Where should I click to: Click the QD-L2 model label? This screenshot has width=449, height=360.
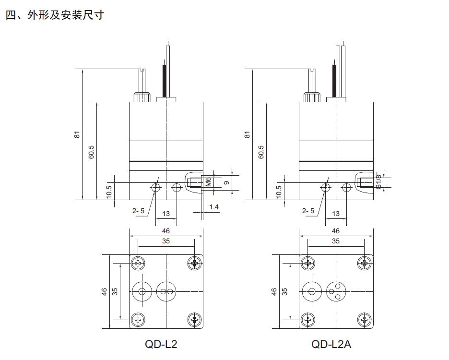161,344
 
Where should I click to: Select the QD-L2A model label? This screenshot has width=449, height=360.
331,344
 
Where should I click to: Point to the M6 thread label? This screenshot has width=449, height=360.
208,182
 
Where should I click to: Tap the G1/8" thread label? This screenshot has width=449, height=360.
378,180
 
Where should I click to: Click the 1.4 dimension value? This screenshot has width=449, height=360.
214,207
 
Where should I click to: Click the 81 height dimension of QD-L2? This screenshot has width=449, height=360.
77,134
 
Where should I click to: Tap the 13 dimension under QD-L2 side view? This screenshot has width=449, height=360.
166,214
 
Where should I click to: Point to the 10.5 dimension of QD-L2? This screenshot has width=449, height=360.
109,192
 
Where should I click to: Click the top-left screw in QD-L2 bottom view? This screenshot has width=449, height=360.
139,263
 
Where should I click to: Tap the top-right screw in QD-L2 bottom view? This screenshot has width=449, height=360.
194,263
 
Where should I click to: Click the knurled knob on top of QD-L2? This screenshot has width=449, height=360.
142,96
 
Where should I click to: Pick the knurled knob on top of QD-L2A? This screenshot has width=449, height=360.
312,96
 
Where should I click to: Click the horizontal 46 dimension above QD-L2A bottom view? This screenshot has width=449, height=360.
336,231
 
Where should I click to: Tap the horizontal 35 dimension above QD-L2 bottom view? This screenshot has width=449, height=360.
166,241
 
